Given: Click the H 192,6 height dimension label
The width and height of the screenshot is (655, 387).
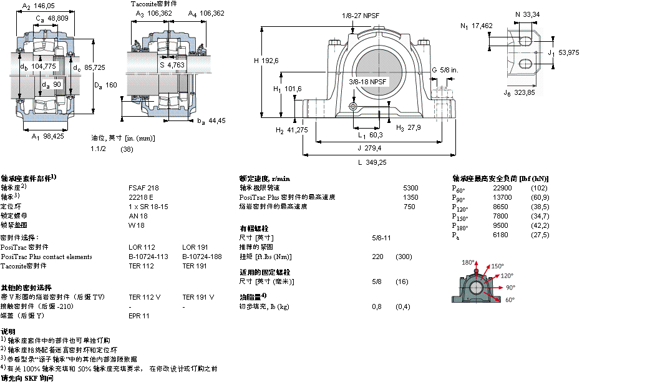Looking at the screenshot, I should [x=266, y=61].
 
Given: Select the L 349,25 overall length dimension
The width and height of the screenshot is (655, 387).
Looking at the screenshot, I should [x=373, y=162].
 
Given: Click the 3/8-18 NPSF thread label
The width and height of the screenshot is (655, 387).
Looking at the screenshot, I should [x=368, y=82].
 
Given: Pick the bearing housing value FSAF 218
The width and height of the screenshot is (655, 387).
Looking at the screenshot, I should [x=143, y=187].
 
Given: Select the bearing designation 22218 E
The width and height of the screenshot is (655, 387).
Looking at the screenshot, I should [x=140, y=197].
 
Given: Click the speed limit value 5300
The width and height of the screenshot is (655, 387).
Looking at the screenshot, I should [x=410, y=187].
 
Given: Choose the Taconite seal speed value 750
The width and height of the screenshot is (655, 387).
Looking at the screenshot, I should [x=409, y=206].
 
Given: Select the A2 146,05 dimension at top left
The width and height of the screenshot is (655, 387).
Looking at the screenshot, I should [x=39, y=6].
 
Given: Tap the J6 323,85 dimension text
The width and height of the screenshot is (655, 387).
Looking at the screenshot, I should [x=519, y=93].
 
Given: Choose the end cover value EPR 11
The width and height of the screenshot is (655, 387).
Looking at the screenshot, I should [x=138, y=315].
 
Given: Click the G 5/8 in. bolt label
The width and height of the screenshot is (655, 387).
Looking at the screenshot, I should [x=445, y=71].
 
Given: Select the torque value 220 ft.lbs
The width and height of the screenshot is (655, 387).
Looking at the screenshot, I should [x=377, y=257].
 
